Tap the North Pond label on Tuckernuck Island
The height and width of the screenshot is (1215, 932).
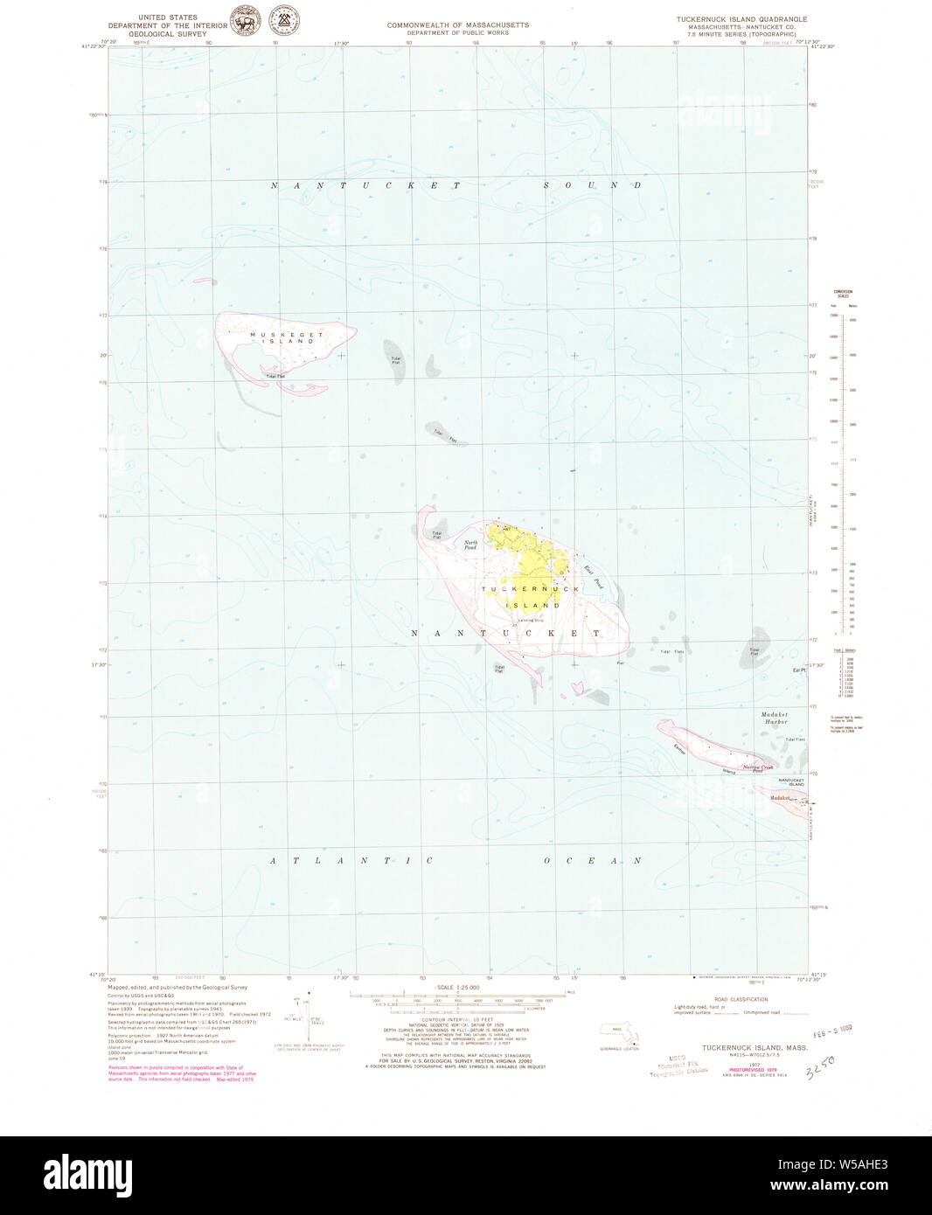click(470, 545)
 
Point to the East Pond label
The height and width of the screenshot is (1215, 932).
click(593, 576)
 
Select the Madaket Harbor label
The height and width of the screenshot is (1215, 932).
click(776, 718)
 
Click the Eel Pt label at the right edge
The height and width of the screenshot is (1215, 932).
click(797, 670)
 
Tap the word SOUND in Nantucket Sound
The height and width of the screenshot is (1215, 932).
click(592, 185)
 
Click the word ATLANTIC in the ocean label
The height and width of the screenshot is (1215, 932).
click(351, 861)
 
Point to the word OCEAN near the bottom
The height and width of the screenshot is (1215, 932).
click(592, 861)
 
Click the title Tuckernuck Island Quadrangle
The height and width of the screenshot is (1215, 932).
click(741, 18)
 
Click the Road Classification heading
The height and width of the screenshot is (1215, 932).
click(741, 999)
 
